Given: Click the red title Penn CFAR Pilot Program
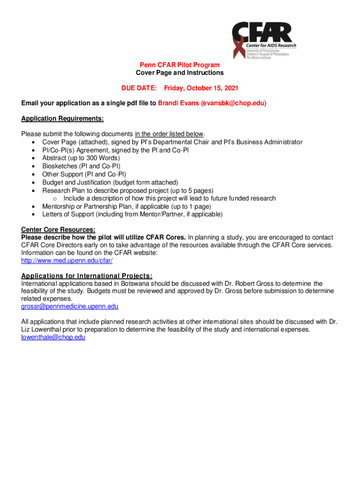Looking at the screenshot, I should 180,65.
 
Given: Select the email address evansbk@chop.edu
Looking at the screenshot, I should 233,103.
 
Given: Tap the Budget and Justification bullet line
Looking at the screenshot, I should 110,182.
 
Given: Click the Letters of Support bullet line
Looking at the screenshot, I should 132,214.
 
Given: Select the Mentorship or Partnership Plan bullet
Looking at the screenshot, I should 127,206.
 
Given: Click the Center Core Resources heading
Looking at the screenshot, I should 58,230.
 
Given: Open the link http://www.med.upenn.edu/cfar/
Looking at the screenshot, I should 67,261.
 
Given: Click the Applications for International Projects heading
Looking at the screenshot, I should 86,276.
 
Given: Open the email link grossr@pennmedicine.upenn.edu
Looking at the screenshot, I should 70,306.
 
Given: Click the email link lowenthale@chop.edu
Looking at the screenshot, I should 53,337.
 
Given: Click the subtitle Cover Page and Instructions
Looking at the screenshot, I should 180,73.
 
